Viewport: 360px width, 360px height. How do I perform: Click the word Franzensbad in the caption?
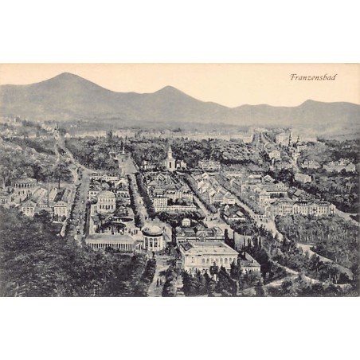point(313,77)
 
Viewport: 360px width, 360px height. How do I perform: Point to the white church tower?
point(170,158)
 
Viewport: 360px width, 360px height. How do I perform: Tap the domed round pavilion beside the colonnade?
point(153,236)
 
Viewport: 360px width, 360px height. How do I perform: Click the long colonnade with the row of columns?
point(111,241)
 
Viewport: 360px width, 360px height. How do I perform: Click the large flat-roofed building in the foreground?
point(207,255)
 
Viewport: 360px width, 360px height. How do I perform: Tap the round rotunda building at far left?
point(24,186)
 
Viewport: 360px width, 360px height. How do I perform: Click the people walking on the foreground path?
point(158,279)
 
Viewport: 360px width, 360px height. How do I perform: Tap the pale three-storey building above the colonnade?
point(106,200)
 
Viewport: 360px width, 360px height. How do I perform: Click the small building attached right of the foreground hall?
point(248,262)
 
